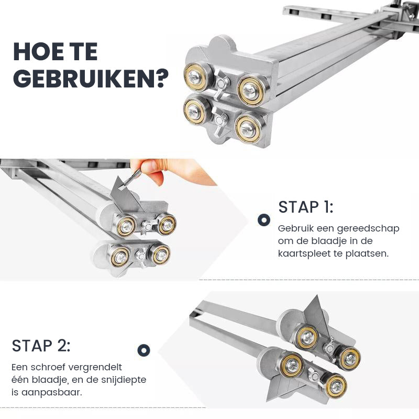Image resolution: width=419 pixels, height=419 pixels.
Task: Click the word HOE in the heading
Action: [35, 52]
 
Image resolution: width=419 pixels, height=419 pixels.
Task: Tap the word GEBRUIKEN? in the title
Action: [91, 79]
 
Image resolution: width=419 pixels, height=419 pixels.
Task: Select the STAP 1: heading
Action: [306, 207]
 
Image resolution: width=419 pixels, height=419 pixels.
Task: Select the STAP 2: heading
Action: [41, 346]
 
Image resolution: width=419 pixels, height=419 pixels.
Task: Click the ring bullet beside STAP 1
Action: [264, 220]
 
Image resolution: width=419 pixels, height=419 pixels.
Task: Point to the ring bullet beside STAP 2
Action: [144, 350]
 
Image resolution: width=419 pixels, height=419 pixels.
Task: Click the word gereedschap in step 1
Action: [368, 229]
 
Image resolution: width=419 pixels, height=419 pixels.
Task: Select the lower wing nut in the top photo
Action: [219, 122]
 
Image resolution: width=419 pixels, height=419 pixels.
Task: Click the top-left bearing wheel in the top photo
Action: [197, 77]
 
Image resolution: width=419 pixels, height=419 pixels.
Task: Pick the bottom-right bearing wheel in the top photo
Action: [248, 129]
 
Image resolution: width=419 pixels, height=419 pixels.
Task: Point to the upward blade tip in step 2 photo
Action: [317, 296]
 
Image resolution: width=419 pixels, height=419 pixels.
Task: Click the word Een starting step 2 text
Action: [19, 368]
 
